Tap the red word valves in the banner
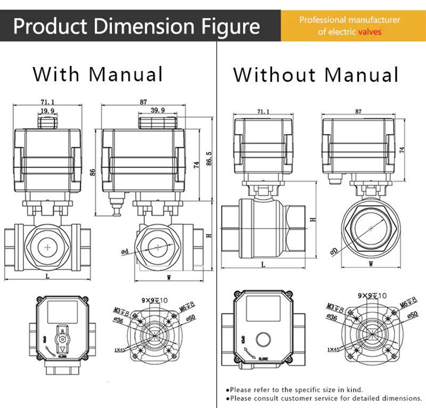370,32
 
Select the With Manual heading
97,74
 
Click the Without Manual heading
316,75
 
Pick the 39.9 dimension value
157,110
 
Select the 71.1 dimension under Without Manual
263,112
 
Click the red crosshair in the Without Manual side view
371,227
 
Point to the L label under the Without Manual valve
263,265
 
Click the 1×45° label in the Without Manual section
334,349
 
